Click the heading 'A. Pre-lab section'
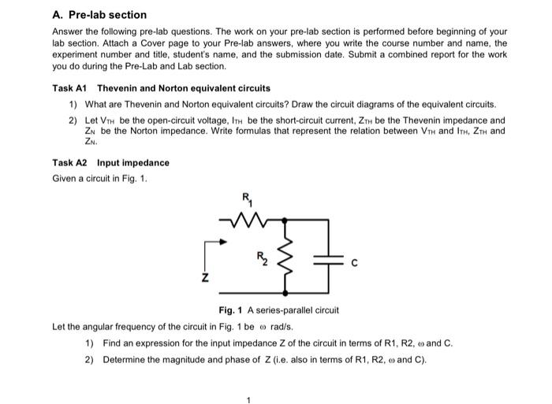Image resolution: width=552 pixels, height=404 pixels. coord(99,14)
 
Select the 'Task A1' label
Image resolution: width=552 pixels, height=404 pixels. coord(69,88)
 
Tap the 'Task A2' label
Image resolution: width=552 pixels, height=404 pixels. coord(69,162)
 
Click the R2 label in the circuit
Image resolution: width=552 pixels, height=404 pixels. coord(263,256)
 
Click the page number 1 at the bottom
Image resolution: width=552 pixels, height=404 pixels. coord(248,398)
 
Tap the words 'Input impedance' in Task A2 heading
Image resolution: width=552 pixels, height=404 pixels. coord(132,162)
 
